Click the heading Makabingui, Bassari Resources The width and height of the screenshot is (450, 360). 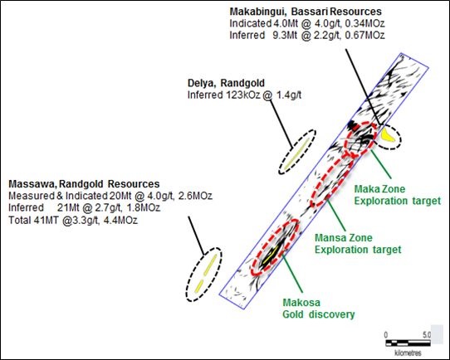point(306,12)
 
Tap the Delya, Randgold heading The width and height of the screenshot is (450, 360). point(226,83)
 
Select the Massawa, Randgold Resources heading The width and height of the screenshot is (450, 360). point(84,183)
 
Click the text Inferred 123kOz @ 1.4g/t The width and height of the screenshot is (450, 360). point(245,95)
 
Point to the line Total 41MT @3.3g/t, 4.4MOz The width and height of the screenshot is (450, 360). point(73,220)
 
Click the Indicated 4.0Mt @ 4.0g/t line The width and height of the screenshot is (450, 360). point(307,23)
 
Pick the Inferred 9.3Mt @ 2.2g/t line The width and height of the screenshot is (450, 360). point(307,35)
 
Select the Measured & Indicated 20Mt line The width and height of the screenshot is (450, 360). point(110,196)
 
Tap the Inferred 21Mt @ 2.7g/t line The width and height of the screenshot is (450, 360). point(85,207)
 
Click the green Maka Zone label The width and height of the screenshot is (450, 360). point(379,189)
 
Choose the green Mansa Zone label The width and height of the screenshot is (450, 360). point(344,237)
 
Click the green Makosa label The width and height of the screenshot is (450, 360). point(301,303)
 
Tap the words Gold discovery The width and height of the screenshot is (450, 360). point(319,314)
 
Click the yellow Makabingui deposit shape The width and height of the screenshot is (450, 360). point(388,135)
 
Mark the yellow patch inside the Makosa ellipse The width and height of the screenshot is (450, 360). point(271,254)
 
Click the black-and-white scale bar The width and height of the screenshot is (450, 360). point(408,343)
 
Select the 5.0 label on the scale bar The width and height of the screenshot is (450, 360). point(427,335)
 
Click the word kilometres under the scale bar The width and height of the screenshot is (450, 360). point(408,353)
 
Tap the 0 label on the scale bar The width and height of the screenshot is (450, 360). point(386,335)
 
